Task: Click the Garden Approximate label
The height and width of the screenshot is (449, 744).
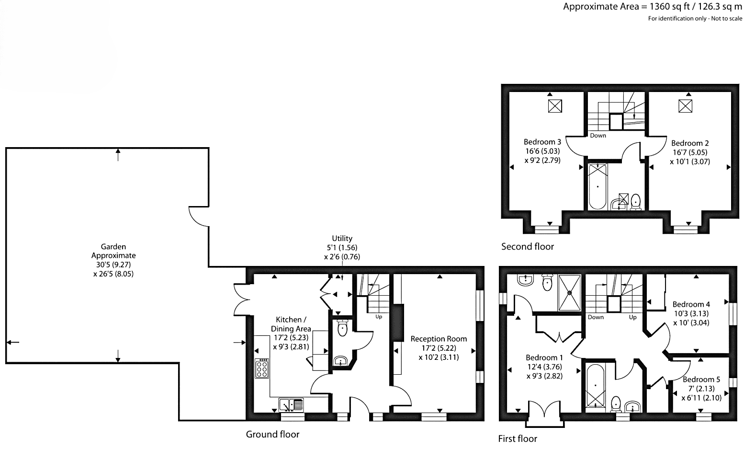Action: (x=113, y=260)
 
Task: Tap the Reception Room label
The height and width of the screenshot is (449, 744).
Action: (x=439, y=348)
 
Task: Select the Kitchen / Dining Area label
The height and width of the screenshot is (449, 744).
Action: (x=291, y=333)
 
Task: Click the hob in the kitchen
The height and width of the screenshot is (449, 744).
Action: (x=262, y=368)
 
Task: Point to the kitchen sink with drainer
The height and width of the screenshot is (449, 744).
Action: (x=291, y=405)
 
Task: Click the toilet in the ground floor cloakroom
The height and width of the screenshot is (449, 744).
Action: (x=342, y=328)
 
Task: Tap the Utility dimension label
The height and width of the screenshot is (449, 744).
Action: (x=342, y=248)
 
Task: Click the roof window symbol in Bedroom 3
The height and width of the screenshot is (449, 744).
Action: (x=555, y=106)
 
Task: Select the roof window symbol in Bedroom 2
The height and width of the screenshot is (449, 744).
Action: (x=685, y=106)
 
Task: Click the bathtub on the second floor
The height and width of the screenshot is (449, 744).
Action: (x=597, y=186)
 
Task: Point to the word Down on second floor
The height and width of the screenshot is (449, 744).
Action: (x=598, y=136)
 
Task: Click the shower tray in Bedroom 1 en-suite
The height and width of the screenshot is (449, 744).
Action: (x=570, y=293)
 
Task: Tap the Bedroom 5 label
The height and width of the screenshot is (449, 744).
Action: (x=701, y=389)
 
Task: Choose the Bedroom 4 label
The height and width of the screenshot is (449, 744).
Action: (x=691, y=313)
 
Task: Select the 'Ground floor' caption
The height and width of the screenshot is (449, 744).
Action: (x=273, y=434)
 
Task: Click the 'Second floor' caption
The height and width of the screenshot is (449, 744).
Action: (x=528, y=247)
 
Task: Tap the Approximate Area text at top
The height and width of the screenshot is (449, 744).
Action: (x=653, y=6)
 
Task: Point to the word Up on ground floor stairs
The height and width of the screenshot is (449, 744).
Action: (x=379, y=317)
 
